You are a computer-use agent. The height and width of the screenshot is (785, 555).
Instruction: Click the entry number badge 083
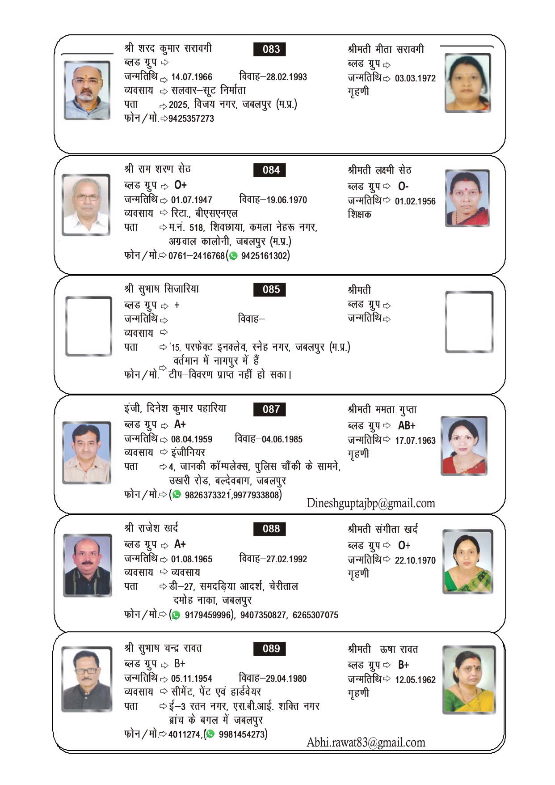tap(269, 49)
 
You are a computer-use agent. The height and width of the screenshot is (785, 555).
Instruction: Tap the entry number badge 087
tap(269, 409)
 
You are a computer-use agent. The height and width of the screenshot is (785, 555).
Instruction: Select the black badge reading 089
tap(269, 649)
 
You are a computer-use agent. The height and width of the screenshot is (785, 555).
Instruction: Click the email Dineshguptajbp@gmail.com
tap(370, 504)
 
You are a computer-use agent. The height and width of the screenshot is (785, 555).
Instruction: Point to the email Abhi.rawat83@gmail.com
tap(366, 743)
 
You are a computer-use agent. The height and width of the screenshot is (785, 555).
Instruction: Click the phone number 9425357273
tap(191, 119)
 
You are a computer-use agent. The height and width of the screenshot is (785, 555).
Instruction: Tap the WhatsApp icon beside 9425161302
tap(233, 256)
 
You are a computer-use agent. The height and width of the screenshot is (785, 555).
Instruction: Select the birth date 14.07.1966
tap(192, 77)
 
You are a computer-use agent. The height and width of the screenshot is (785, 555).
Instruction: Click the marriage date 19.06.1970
tap(286, 200)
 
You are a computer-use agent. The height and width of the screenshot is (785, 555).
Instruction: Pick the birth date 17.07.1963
tap(415, 441)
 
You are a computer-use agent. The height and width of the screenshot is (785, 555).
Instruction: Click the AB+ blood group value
tap(407, 425)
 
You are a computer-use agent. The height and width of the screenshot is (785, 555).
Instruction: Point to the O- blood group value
tap(403, 186)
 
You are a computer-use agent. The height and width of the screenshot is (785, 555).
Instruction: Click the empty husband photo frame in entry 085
tap(88, 326)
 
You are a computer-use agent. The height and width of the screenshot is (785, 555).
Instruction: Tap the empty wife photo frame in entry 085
tap(469, 322)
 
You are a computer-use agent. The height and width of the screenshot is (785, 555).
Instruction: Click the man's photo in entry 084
tap(86, 204)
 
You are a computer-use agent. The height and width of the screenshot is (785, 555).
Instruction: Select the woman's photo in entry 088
tap(467, 562)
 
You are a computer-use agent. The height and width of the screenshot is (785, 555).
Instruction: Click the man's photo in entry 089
tap(87, 678)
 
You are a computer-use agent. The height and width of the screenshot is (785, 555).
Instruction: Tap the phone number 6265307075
tap(315, 615)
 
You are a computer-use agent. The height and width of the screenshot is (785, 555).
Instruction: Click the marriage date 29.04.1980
tap(286, 679)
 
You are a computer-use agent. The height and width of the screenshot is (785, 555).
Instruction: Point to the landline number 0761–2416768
tap(197, 256)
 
